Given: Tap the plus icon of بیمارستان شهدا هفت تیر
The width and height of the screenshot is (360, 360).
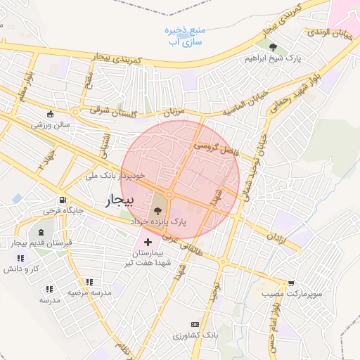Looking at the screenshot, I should (147, 242).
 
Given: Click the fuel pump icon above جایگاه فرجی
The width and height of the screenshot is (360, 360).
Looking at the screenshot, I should (63, 200).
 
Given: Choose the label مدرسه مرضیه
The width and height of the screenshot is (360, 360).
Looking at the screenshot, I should (89, 292).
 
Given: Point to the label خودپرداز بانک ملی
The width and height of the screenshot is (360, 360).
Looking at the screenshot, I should (117, 175).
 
